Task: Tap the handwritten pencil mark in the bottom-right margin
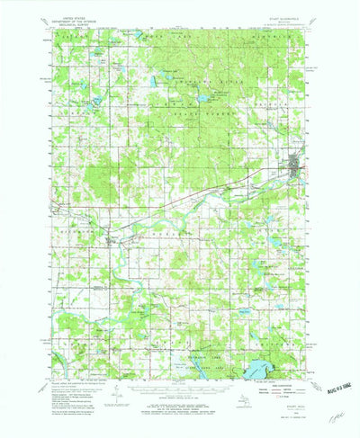tap(336, 417)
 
